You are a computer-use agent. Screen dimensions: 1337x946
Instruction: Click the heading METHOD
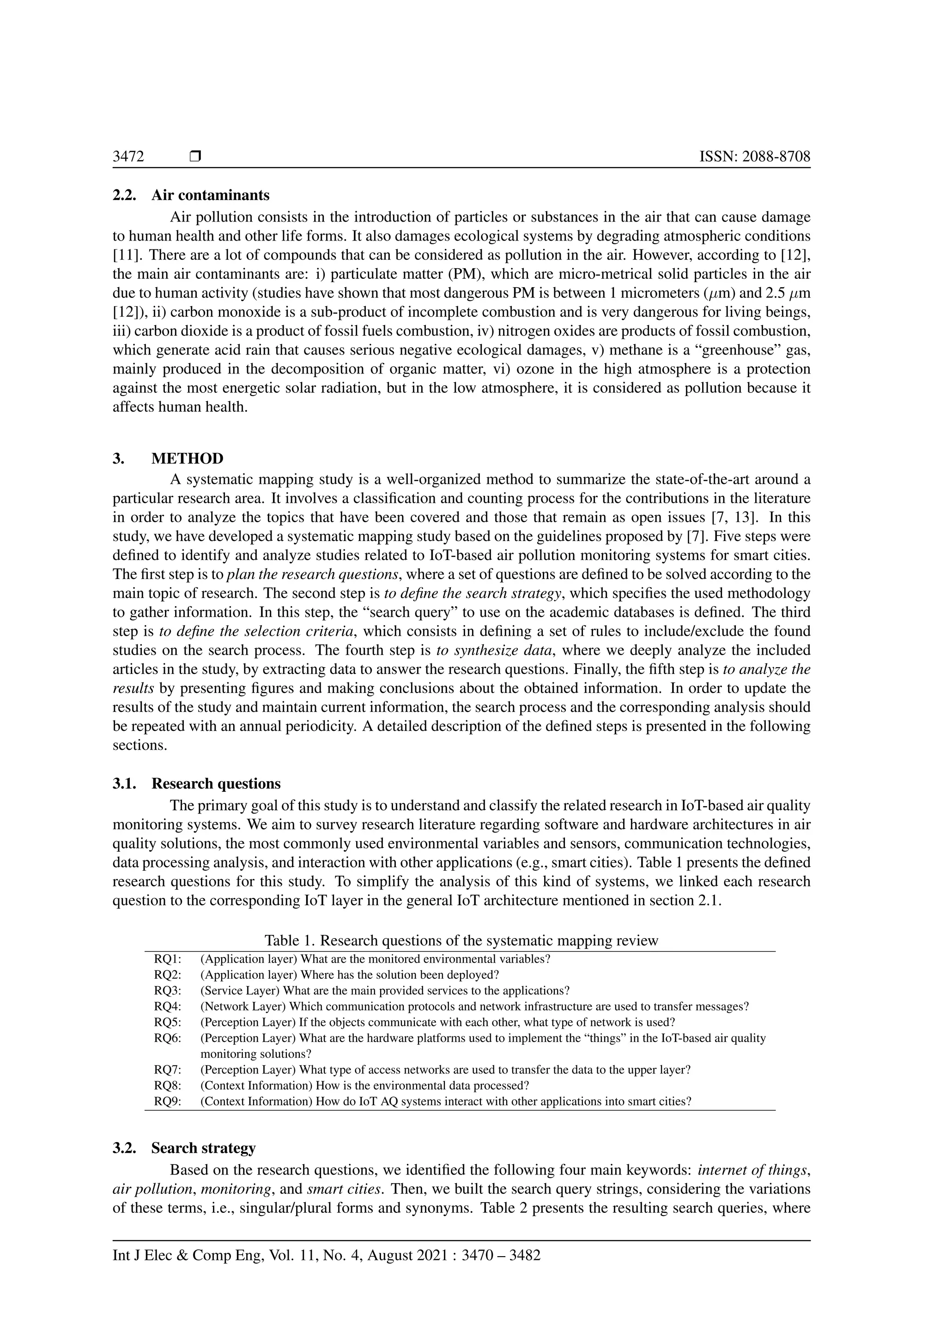tap(187, 458)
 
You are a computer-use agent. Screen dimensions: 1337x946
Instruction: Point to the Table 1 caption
tap(461, 940)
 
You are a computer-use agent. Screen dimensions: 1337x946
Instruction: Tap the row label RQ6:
tap(168, 1038)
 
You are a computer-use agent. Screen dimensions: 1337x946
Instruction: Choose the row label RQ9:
tap(168, 1101)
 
